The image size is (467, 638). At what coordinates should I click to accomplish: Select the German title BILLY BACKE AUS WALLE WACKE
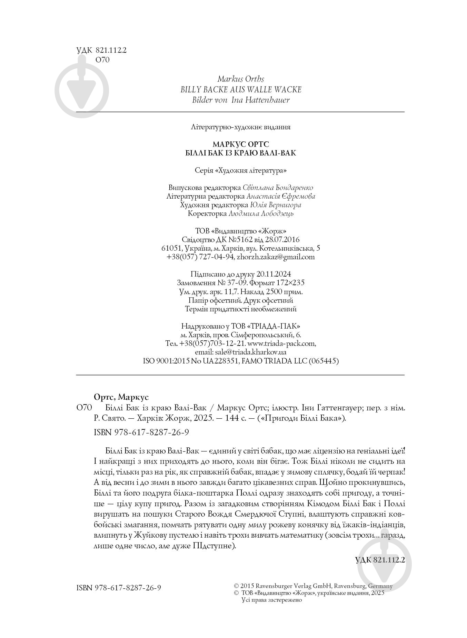click(x=241, y=90)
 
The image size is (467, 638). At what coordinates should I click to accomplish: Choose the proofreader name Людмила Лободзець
click(x=261, y=213)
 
